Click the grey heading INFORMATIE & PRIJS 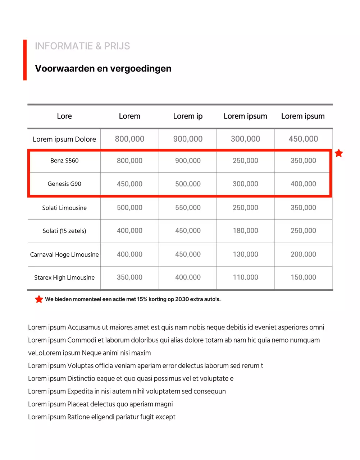[x=82, y=46]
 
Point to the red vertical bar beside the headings [x=25, y=60]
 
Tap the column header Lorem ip [x=188, y=116]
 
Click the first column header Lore [x=64, y=116]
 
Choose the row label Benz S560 [x=64, y=161]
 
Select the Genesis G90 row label [x=64, y=184]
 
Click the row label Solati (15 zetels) [x=64, y=231]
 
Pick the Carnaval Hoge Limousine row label [x=64, y=254]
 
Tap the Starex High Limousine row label [x=64, y=277]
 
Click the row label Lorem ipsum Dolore [x=64, y=139]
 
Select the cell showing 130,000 [x=246, y=254]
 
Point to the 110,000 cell [x=246, y=277]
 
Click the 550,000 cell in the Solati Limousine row [x=188, y=208]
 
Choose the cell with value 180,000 [x=246, y=231]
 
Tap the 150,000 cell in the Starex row [x=303, y=277]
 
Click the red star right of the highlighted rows [x=339, y=153]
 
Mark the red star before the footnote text [x=39, y=299]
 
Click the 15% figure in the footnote [x=142, y=299]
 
